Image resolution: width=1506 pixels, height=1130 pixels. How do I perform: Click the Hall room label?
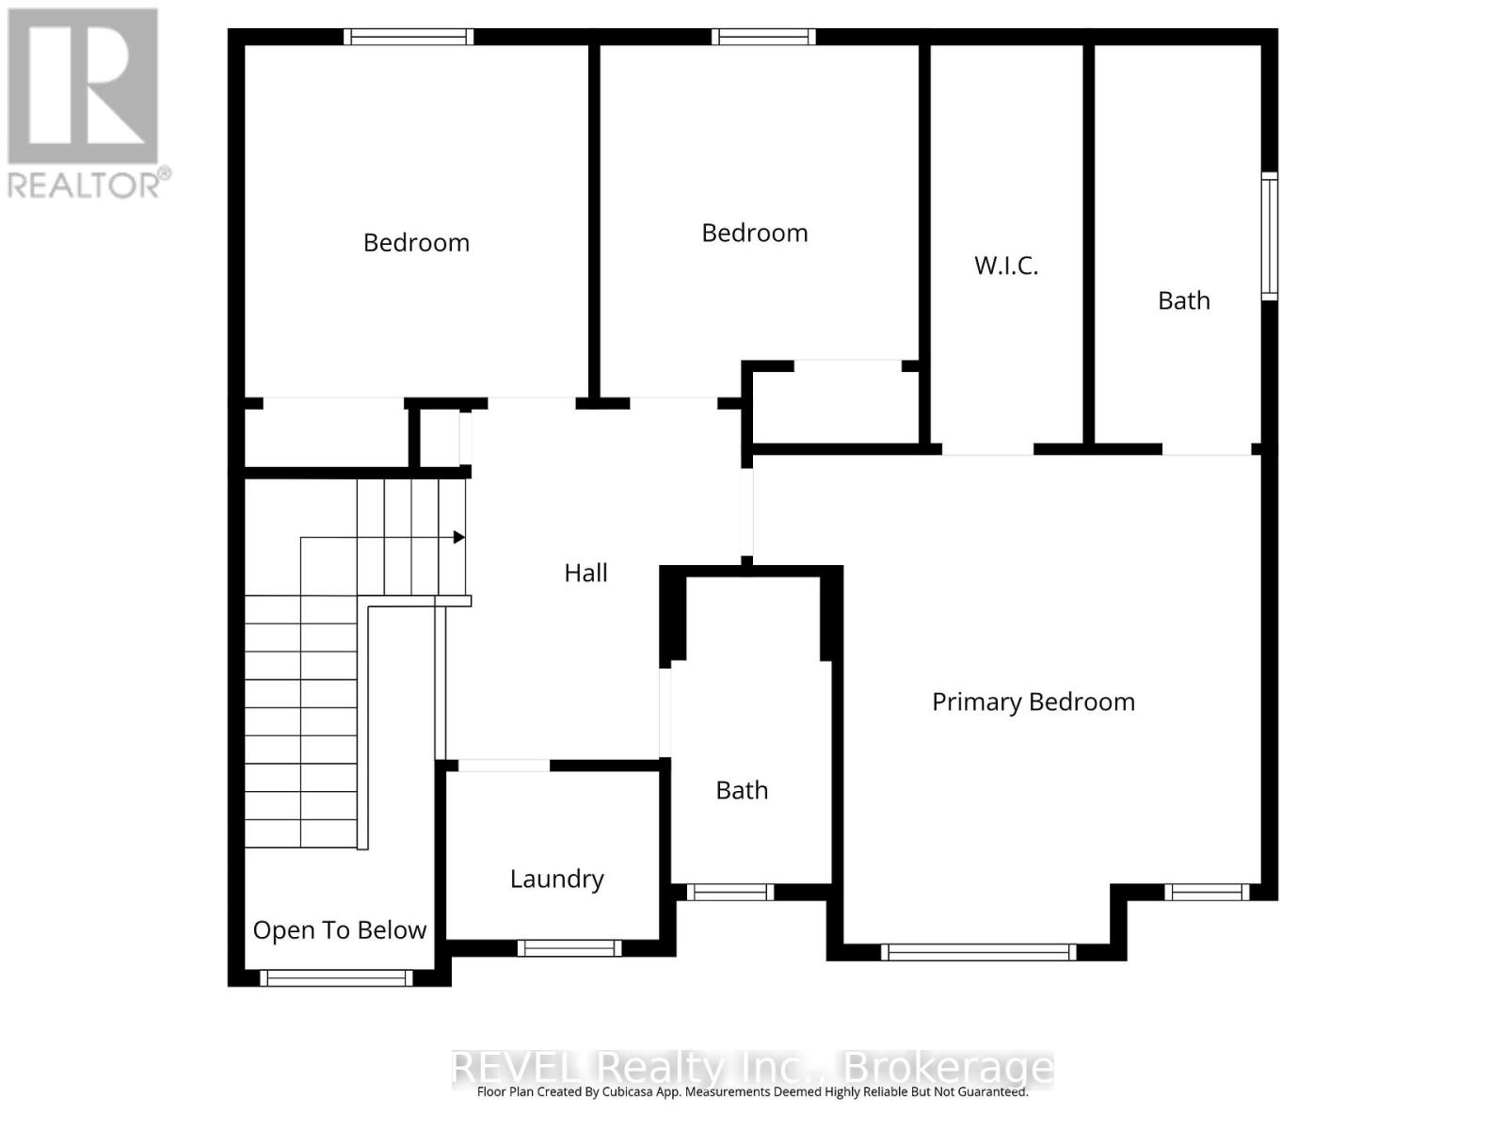(585, 573)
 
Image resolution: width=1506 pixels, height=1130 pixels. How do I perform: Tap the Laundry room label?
(556, 879)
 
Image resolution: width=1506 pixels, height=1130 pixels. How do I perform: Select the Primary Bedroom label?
(1033, 702)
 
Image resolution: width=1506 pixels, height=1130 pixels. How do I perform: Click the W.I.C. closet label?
(1005, 266)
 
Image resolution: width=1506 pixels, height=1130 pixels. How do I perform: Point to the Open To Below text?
(339, 930)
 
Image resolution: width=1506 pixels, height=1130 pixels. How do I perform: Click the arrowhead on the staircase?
(459, 538)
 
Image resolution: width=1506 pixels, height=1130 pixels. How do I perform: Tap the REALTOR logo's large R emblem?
(83, 86)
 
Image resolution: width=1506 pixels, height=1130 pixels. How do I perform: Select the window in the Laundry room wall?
(569, 947)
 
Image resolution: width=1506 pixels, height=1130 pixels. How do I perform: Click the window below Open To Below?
(336, 978)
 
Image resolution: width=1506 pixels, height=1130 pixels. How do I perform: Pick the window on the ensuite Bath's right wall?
(1269, 236)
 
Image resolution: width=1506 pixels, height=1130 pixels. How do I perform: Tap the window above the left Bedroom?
(408, 37)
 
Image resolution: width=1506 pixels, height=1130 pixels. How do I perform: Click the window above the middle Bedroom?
(762, 37)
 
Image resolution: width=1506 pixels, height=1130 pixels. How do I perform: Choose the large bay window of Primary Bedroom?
(979, 952)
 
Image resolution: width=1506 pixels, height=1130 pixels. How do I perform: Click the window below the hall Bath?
(729, 892)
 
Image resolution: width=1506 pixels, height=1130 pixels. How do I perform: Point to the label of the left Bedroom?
(416, 243)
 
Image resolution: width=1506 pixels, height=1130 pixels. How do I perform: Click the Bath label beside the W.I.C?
(1183, 301)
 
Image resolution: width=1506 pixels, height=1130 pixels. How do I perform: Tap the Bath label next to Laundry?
(742, 790)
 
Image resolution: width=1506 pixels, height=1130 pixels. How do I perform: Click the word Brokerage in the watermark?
(948, 1068)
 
